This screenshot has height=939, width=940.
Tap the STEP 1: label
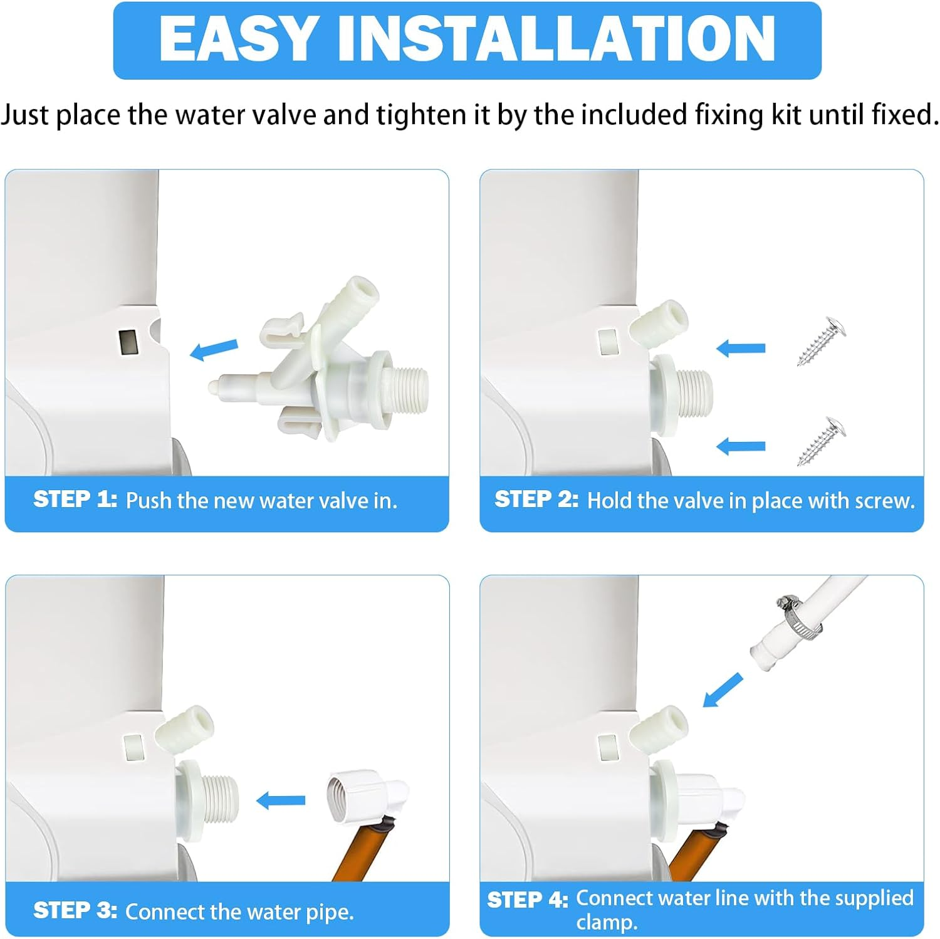75,500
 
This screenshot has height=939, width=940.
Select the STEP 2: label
536,500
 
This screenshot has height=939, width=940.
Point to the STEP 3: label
75,910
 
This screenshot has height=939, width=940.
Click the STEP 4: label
528,900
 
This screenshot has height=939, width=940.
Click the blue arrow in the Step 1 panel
214,350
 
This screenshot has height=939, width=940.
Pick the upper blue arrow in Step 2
741,348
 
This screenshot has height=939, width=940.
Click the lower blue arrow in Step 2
741,446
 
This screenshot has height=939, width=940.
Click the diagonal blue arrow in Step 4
722,690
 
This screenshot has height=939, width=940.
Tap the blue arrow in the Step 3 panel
281,800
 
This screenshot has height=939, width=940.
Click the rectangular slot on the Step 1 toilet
128,342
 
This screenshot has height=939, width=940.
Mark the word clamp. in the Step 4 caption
607,923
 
